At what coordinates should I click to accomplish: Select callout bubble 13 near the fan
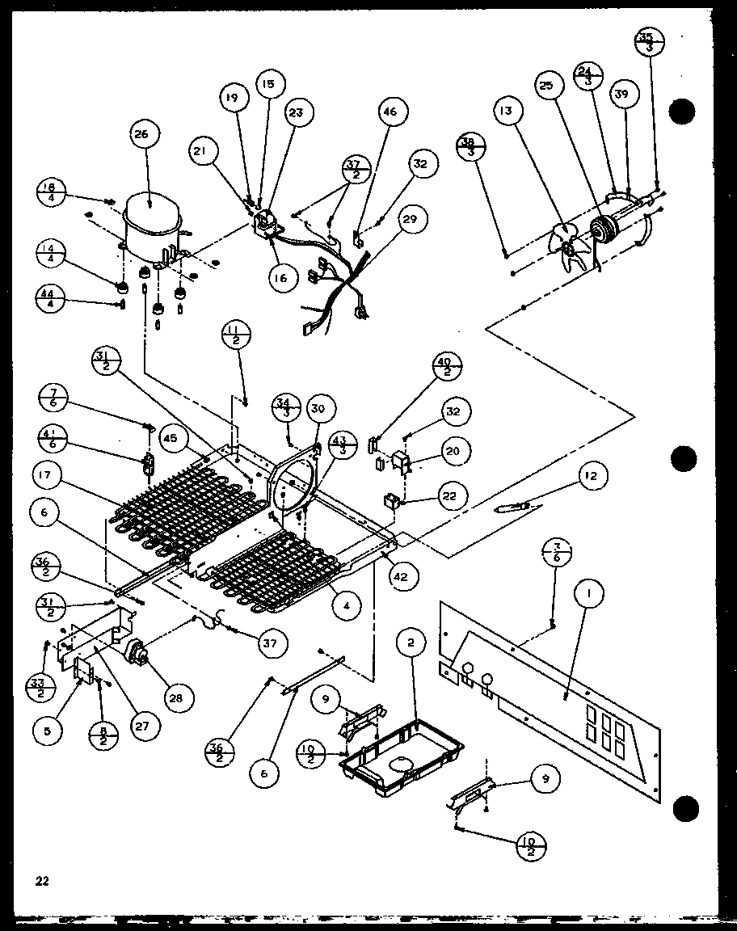[507, 112]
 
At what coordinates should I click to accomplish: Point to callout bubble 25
[546, 85]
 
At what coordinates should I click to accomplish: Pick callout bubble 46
[390, 112]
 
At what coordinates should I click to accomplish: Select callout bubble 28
[174, 697]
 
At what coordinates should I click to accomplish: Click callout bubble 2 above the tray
[411, 642]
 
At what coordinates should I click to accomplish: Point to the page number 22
[42, 881]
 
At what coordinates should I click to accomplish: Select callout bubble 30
[319, 409]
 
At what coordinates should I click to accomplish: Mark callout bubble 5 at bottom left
[48, 730]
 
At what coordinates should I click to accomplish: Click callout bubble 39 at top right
[621, 95]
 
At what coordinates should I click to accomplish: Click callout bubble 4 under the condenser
[346, 605]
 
